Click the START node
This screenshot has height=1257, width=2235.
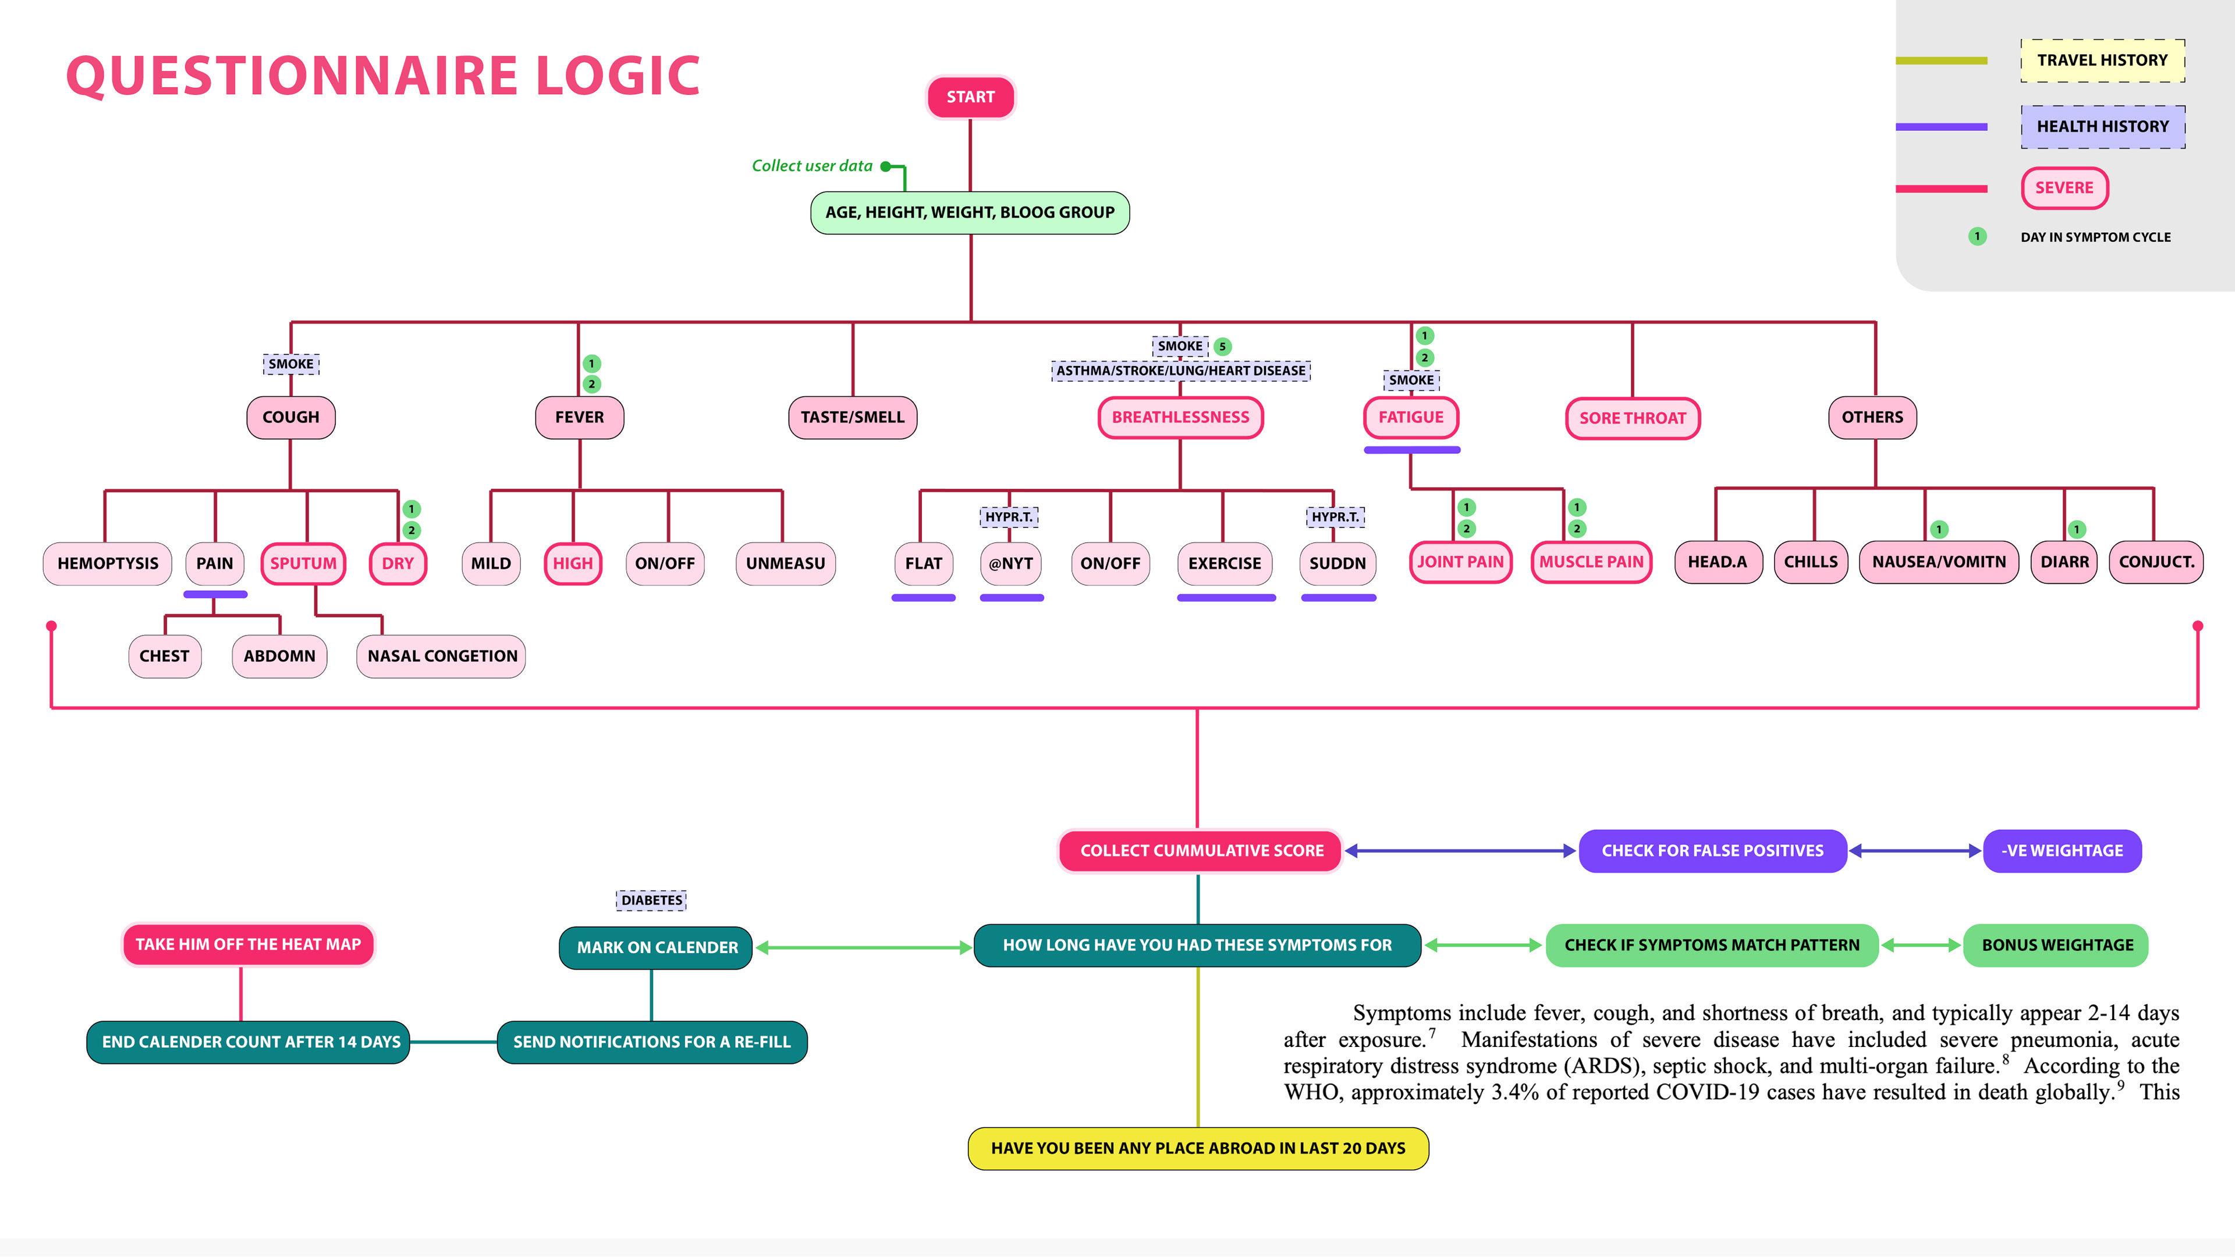point(970,97)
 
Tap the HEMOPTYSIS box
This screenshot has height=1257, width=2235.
point(108,563)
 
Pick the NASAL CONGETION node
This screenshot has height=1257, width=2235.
point(442,656)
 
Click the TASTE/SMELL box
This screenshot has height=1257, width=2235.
point(852,417)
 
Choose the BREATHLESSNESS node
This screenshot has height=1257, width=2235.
point(1180,417)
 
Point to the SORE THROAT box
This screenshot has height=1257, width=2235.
point(1632,418)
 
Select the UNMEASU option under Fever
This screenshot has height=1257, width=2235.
point(785,563)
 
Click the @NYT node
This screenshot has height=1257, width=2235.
point(1011,563)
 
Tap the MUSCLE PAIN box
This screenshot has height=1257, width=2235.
point(1591,562)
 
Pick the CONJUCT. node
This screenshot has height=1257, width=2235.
point(2156,562)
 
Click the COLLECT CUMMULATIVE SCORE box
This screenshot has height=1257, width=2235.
point(1201,850)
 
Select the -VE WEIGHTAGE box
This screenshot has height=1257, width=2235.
point(2062,850)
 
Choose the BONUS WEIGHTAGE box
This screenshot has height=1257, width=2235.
point(2056,944)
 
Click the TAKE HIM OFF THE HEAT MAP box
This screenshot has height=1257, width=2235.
point(248,944)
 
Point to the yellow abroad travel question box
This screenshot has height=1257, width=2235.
point(1197,1148)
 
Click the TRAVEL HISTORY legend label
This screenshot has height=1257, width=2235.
point(2102,60)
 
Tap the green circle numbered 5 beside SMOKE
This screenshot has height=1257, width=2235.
point(1222,346)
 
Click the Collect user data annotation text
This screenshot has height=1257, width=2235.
point(812,166)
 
